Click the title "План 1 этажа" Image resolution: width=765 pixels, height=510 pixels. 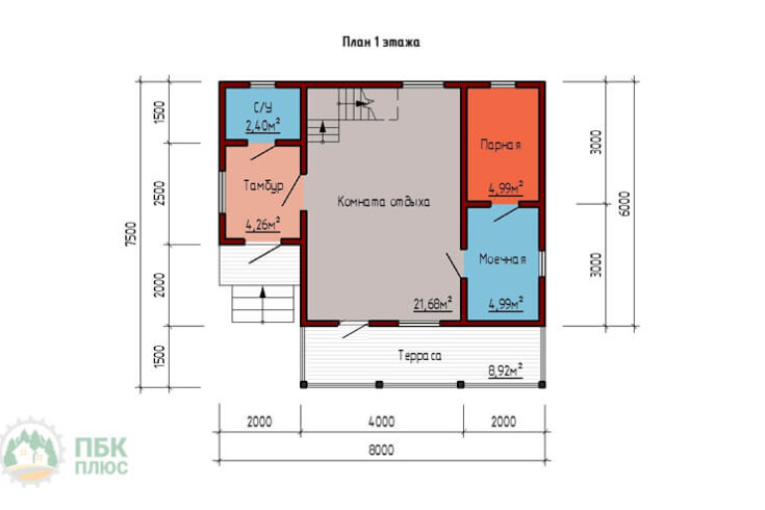click(382, 42)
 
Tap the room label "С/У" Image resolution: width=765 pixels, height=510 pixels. click(263, 107)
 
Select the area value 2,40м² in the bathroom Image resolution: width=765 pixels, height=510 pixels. click(262, 125)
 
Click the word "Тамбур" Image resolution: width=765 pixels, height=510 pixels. click(263, 186)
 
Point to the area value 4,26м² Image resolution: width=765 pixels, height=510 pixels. click(262, 224)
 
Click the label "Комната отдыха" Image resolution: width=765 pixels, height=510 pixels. click(383, 202)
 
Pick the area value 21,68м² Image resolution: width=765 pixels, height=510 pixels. click(432, 303)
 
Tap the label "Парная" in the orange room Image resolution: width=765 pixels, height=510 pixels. click(501, 145)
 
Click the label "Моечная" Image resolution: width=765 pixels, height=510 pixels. click(503, 259)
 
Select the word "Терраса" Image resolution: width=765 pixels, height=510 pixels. click(420, 356)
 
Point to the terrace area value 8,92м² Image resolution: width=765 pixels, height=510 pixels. click(506, 371)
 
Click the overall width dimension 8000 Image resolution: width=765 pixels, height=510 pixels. click(382, 449)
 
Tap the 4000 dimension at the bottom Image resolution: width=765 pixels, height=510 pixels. click(382, 422)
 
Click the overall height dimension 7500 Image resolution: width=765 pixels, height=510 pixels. click(131, 234)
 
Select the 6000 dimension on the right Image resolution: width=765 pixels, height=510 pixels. click(624, 204)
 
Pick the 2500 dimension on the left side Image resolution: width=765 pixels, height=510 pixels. click(160, 193)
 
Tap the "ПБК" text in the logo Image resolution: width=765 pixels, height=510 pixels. click(101, 446)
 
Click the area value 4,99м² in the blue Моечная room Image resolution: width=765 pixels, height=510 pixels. click(506, 303)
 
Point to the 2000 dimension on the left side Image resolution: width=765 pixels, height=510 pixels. click(160, 284)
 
